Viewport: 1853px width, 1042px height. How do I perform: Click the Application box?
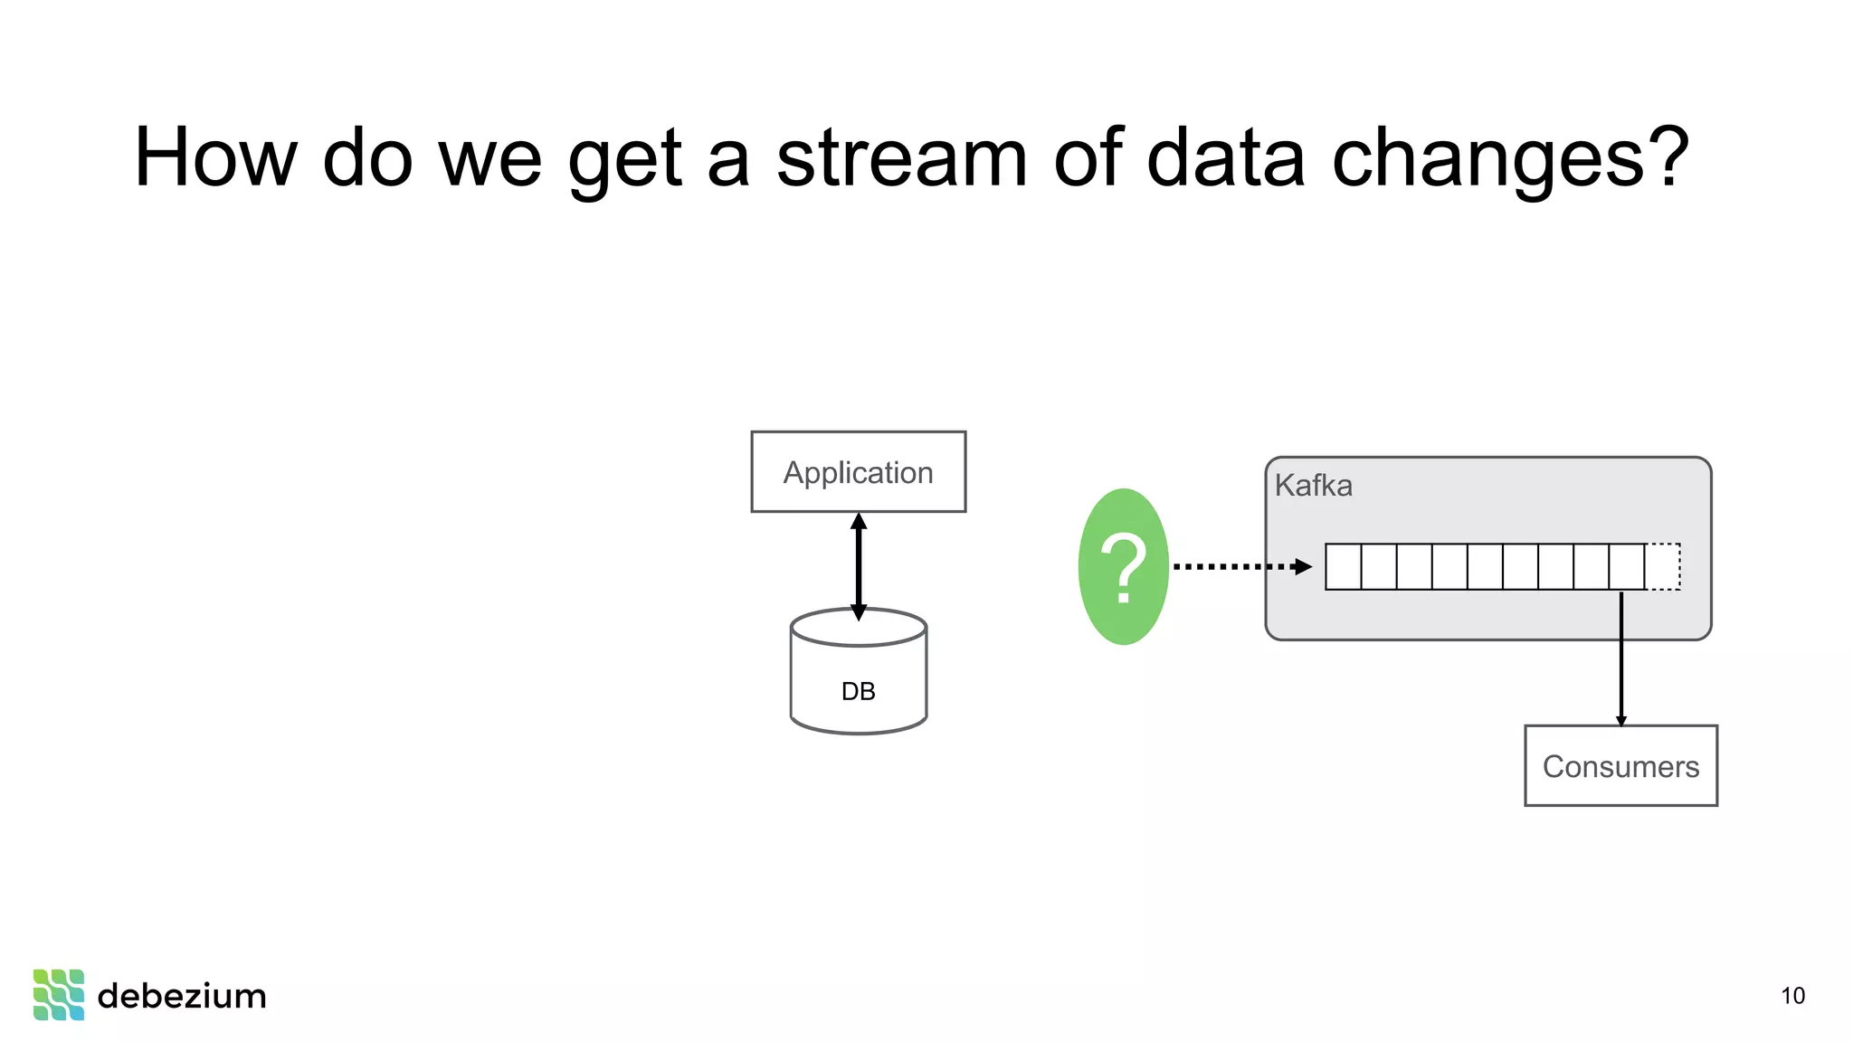click(x=858, y=471)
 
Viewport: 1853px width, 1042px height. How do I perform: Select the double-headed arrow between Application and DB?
click(x=859, y=565)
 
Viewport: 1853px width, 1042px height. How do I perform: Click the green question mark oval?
click(x=1123, y=566)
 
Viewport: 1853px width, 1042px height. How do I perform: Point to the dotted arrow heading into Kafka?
click(x=1240, y=566)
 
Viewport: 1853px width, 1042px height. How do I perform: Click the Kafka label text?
click(x=1313, y=486)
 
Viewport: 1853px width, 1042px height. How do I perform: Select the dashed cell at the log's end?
click(x=1662, y=566)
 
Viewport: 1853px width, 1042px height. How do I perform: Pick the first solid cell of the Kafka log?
click(x=1343, y=566)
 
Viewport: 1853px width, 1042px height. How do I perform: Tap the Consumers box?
click(x=1620, y=765)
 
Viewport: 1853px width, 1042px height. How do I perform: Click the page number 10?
click(x=1792, y=996)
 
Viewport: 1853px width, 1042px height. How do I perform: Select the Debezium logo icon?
click(x=59, y=995)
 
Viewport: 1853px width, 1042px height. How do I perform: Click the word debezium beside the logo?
click(x=182, y=996)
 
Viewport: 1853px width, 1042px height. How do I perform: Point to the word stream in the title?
click(x=901, y=158)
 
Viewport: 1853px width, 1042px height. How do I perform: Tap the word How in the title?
click(x=215, y=158)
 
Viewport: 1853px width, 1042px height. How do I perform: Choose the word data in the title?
click(x=1225, y=158)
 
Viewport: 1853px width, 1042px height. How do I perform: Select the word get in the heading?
click(x=623, y=158)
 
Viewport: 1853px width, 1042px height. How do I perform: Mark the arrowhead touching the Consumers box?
click(x=1620, y=720)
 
